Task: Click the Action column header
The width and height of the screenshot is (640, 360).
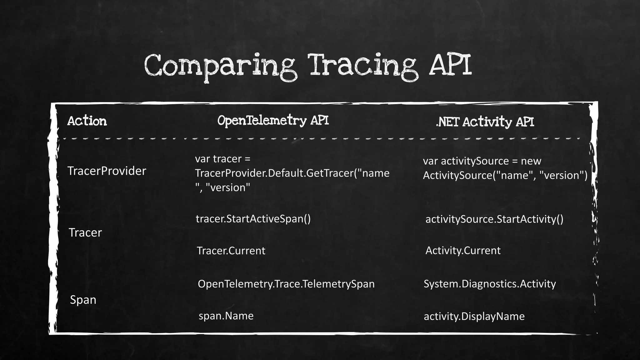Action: pyautogui.click(x=87, y=121)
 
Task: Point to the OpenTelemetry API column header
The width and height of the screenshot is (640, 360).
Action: pyautogui.click(x=273, y=121)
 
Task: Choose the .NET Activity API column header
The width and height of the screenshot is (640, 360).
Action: pyautogui.click(x=485, y=122)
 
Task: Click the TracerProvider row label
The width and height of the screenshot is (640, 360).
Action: pyautogui.click(x=107, y=171)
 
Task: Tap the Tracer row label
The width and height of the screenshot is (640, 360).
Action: pyautogui.click(x=85, y=232)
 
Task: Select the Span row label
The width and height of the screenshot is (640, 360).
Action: pyautogui.click(x=83, y=300)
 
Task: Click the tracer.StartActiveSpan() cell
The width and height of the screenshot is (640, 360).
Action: pyautogui.click(x=253, y=219)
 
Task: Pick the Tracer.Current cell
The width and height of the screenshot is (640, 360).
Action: pyautogui.click(x=231, y=251)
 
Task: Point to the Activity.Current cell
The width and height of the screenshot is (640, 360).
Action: pyautogui.click(x=463, y=250)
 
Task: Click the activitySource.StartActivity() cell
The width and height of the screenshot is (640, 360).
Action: pyautogui.click(x=494, y=219)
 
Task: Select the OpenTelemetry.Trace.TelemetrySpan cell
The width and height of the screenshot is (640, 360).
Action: pyautogui.click(x=286, y=284)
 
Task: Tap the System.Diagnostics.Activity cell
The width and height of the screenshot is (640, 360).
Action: pyautogui.click(x=490, y=284)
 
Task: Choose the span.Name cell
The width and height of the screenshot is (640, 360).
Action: pyautogui.click(x=226, y=316)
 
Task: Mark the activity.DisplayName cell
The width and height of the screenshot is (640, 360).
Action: pyautogui.click(x=474, y=316)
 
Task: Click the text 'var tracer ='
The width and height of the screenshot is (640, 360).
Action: pyautogui.click(x=222, y=159)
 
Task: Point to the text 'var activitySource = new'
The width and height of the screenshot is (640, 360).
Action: pyautogui.click(x=482, y=161)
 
